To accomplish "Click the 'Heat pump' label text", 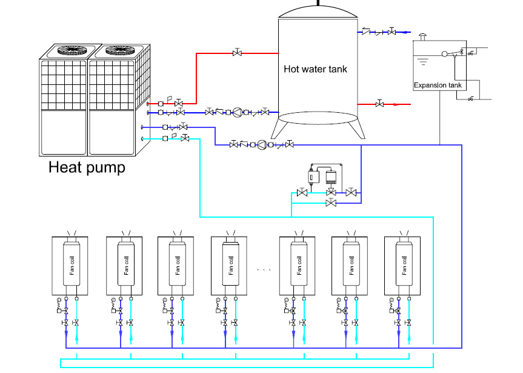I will pyautogui.click(x=87, y=167).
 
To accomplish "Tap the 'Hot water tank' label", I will pyautogui.click(x=315, y=69).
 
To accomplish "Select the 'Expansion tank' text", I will pyautogui.click(x=438, y=86).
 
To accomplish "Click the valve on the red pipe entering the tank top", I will pyautogui.click(x=237, y=53).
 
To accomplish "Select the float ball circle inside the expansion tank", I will pyautogui.click(x=445, y=55).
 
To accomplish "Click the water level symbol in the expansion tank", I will pyautogui.click(x=424, y=61).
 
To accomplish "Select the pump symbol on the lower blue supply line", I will pyautogui.click(x=262, y=144).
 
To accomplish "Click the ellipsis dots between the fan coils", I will pyautogui.click(x=264, y=268).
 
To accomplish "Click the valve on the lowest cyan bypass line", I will pyautogui.click(x=330, y=203).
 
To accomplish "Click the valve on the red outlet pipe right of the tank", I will pyautogui.click(x=379, y=104).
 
